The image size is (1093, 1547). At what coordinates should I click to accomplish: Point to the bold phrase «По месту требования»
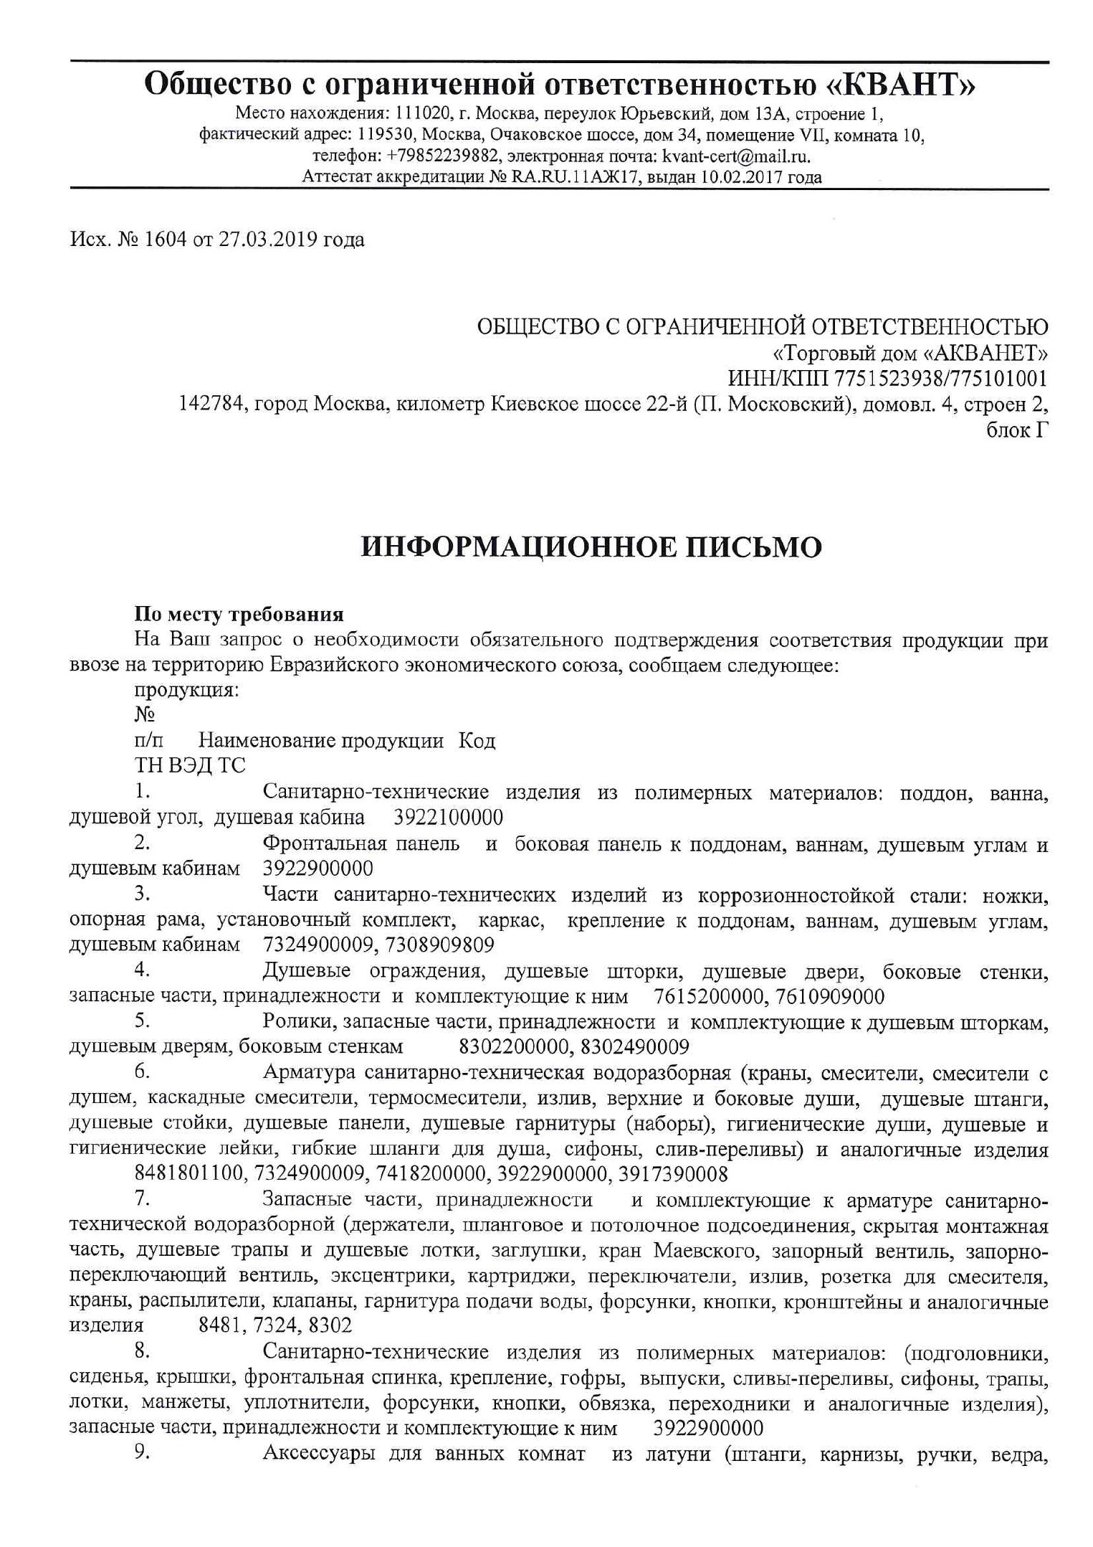click(239, 615)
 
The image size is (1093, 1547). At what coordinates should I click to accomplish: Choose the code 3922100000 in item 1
click(449, 818)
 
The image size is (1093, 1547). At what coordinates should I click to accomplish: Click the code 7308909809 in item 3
click(439, 945)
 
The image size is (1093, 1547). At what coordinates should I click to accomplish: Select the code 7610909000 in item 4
click(830, 997)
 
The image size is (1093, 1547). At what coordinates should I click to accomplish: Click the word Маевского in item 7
click(706, 1252)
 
